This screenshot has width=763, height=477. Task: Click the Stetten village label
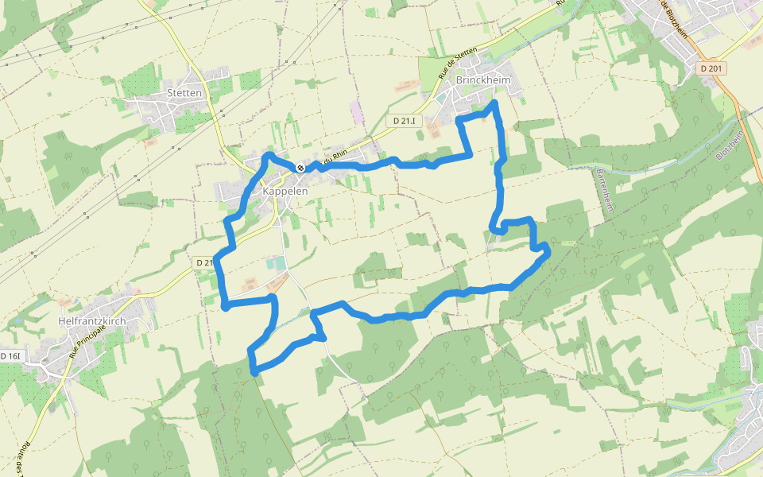pyautogui.click(x=185, y=92)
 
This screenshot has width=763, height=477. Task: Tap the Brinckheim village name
pyautogui.click(x=483, y=81)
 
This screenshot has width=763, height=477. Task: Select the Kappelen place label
pyautogui.click(x=285, y=192)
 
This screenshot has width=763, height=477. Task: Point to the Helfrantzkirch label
pyautogui.click(x=92, y=321)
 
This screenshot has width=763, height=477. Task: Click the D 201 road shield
pyautogui.click(x=712, y=69)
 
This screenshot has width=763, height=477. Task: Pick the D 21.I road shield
pyautogui.click(x=405, y=121)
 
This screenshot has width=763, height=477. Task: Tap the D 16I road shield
pyautogui.click(x=10, y=356)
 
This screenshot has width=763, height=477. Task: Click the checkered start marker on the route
pyautogui.click(x=300, y=168)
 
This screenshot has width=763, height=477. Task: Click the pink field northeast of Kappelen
pyautogui.click(x=355, y=112)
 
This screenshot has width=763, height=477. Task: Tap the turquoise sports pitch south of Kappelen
pyautogui.click(x=275, y=263)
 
